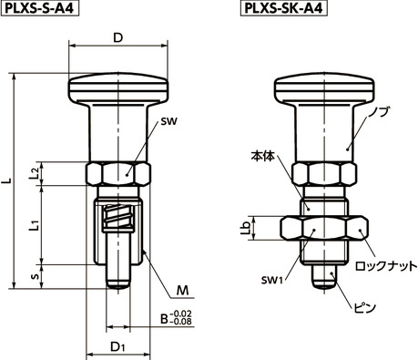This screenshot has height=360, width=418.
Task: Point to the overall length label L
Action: pyautogui.click(x=8, y=183)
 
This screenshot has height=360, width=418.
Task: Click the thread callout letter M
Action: pyautogui.click(x=182, y=291)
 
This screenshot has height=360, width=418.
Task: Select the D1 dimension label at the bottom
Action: pyautogui.click(x=118, y=346)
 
